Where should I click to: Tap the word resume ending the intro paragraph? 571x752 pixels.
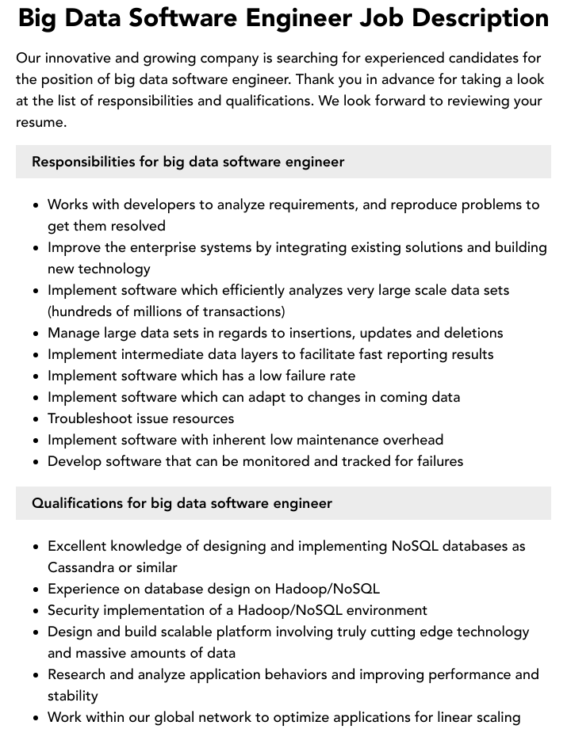[x=40, y=122]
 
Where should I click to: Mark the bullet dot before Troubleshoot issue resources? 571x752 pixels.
[x=36, y=419]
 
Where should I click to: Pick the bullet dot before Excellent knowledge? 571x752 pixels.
[x=36, y=547]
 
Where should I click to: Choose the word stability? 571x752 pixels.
[x=73, y=696]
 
